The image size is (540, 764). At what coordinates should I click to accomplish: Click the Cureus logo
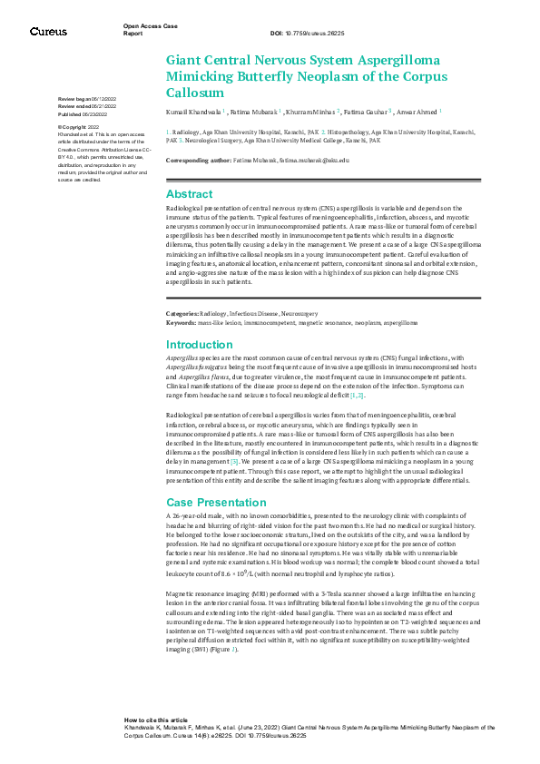(47, 31)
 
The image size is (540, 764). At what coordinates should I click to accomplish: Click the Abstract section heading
(189, 193)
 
